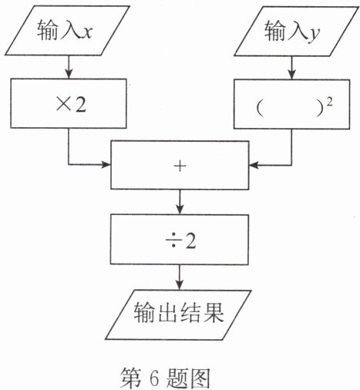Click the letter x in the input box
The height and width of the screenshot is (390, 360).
pyautogui.click(x=86, y=32)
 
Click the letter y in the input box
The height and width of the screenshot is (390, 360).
pyautogui.click(x=314, y=34)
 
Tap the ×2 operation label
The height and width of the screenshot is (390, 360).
pyautogui.click(x=71, y=105)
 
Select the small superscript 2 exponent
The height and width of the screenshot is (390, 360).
pyautogui.click(x=330, y=103)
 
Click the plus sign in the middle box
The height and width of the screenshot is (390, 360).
pyautogui.click(x=180, y=166)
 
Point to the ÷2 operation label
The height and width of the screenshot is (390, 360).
pyautogui.click(x=180, y=241)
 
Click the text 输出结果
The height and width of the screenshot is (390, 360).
pyautogui.click(x=178, y=312)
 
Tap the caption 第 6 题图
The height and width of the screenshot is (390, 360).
pyautogui.click(x=165, y=378)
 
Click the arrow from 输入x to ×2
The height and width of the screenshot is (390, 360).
pyautogui.click(x=69, y=67)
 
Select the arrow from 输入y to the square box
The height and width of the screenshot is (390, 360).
pyautogui.click(x=291, y=68)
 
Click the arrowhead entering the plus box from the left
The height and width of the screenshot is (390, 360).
pyautogui.click(x=106, y=164)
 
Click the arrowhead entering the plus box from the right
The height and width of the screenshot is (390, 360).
pyautogui.click(x=254, y=165)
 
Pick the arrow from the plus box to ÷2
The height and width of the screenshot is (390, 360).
pyautogui.click(x=180, y=202)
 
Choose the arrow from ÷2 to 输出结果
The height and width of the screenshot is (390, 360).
pyautogui.click(x=180, y=277)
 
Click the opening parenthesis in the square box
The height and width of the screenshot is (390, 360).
pyautogui.click(x=260, y=109)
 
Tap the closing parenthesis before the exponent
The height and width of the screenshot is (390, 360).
pyautogui.click(x=320, y=109)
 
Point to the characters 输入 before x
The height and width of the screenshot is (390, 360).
pyautogui.click(x=58, y=30)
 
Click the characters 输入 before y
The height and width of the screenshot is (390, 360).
pyautogui.click(x=285, y=31)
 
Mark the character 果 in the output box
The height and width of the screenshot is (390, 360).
pyautogui.click(x=213, y=312)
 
